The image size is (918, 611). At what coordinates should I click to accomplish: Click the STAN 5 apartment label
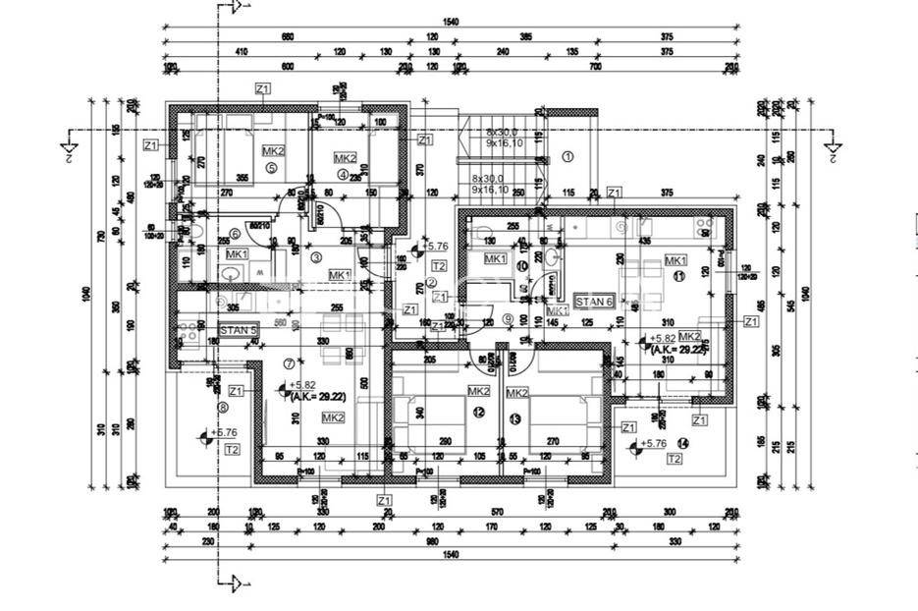(x=239, y=330)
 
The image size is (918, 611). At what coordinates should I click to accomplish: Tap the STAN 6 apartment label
(x=594, y=302)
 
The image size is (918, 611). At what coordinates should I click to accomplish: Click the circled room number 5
(x=273, y=168)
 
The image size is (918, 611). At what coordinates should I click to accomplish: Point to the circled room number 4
(x=343, y=175)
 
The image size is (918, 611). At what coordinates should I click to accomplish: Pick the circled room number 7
(x=290, y=363)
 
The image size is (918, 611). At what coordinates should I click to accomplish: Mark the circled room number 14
(x=682, y=443)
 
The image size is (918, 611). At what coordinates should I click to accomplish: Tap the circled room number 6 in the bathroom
(x=235, y=233)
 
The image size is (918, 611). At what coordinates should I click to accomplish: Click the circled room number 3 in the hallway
(x=316, y=257)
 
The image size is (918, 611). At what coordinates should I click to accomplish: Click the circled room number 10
(x=521, y=265)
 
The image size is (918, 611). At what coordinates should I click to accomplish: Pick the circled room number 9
(x=507, y=318)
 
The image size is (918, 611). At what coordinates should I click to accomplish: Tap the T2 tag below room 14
(x=674, y=460)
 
